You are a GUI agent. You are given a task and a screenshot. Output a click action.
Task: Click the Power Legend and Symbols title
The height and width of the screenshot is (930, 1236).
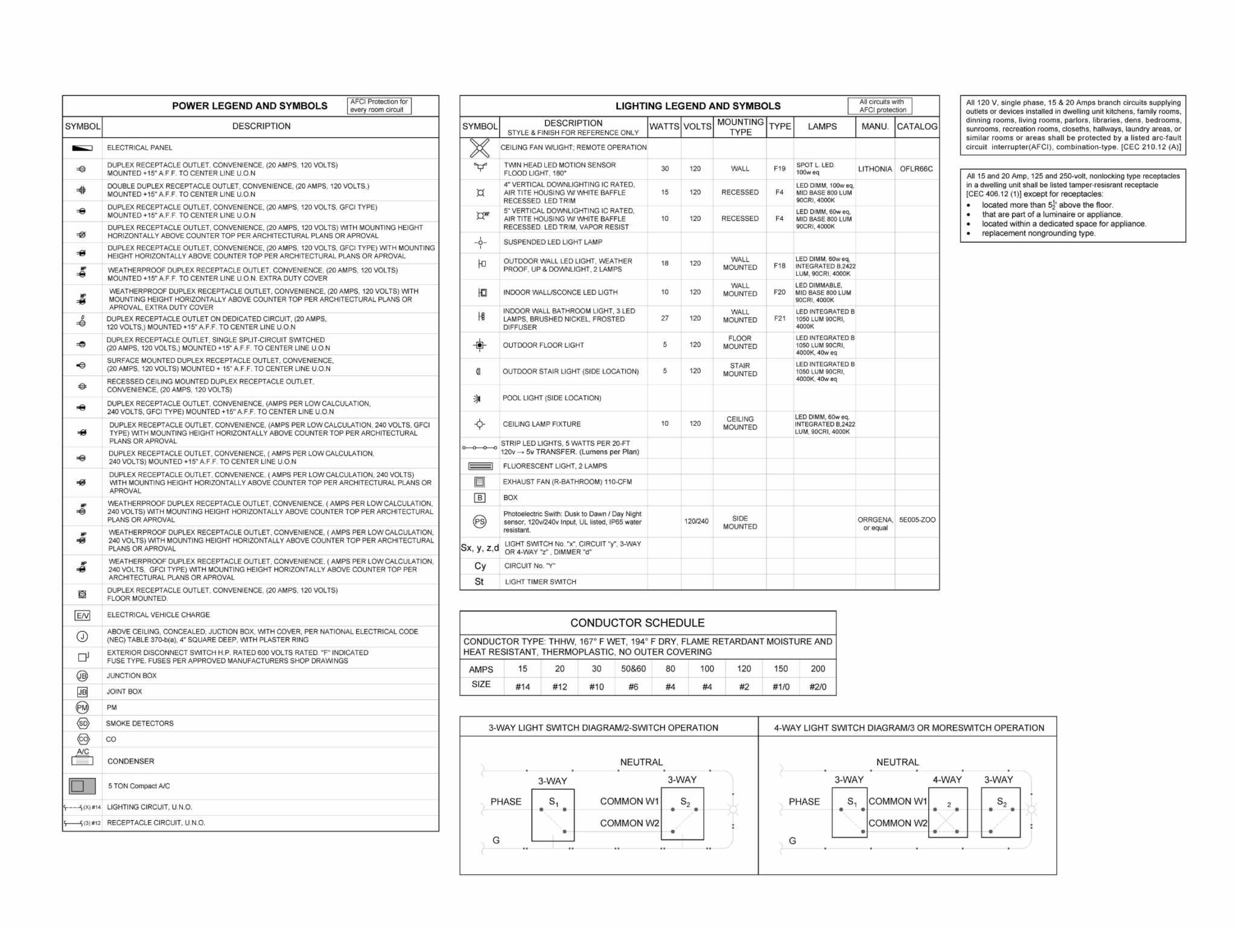[249, 106]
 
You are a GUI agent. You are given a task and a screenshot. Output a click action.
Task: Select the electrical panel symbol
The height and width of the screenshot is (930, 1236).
[82, 148]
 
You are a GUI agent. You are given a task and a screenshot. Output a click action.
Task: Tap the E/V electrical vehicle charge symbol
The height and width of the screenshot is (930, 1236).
[82, 615]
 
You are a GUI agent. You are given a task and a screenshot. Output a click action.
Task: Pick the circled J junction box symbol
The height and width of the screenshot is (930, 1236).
[82, 636]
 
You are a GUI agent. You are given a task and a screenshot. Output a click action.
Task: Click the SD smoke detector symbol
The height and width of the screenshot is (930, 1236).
[82, 723]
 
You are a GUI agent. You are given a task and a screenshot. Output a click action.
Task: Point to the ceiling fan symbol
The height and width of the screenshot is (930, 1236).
[479, 147]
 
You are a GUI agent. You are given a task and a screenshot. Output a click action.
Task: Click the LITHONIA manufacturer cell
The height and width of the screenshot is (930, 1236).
[874, 169]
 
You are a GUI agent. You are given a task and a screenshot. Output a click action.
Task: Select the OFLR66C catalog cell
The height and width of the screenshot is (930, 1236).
[916, 169]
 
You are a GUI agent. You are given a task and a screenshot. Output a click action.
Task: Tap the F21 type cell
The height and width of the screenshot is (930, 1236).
[779, 318]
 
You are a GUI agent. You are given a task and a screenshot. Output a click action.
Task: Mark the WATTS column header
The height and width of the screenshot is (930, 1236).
[664, 127]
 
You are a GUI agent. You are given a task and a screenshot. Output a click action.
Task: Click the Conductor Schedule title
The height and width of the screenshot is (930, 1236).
[637, 623]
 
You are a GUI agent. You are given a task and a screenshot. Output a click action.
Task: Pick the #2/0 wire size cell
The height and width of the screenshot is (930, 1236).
[818, 687]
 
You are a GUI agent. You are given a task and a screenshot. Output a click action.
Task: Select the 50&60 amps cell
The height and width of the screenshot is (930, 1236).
[633, 669]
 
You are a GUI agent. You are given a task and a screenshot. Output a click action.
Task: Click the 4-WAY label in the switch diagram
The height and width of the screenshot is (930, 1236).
[947, 780]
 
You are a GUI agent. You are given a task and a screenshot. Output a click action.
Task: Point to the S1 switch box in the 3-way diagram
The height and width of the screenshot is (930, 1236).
[553, 814]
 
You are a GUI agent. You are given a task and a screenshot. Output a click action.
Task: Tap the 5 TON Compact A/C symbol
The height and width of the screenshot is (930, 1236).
[82, 786]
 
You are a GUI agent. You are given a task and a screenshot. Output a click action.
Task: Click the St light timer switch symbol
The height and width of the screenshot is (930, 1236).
[479, 582]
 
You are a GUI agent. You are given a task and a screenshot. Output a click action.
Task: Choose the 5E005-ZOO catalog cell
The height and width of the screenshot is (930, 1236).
[917, 520]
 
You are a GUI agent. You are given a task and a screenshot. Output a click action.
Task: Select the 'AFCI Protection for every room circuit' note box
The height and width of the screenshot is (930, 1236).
[380, 106]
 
